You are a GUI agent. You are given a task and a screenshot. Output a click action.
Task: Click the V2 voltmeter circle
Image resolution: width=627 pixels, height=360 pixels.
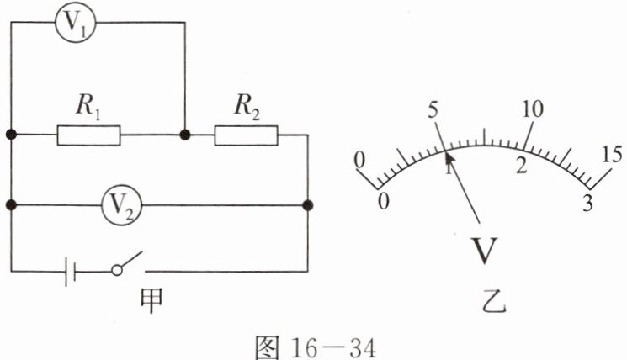click(x=124, y=203)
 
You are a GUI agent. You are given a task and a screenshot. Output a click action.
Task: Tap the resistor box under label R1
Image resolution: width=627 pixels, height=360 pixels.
click(x=88, y=134)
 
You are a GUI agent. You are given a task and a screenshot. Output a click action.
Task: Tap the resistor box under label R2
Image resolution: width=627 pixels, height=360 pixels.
click(x=246, y=134)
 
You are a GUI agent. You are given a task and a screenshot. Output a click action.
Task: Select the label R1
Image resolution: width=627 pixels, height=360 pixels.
click(x=88, y=106)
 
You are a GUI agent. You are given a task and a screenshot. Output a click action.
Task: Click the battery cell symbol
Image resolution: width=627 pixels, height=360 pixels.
click(x=71, y=272)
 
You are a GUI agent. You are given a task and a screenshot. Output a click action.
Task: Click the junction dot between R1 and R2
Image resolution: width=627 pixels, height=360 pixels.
click(x=183, y=134)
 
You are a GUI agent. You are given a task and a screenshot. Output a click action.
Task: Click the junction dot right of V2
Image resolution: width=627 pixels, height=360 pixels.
click(x=308, y=203)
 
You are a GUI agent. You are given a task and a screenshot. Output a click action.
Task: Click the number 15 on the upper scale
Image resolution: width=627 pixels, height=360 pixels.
click(x=612, y=154)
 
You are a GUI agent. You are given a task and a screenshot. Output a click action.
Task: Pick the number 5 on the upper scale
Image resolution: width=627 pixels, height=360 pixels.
click(x=433, y=110)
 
